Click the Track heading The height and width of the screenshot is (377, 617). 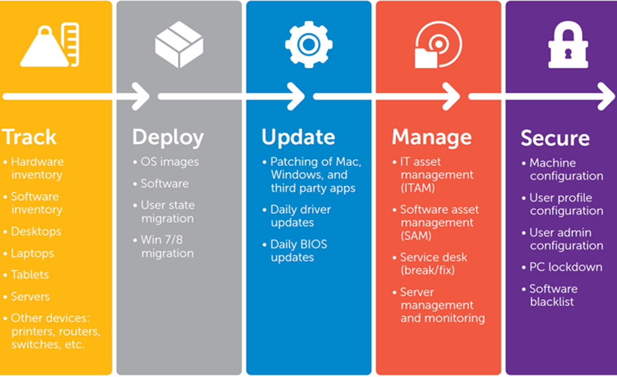(x=30, y=137)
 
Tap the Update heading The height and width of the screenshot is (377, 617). (x=298, y=138)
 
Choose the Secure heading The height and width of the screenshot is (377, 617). (x=555, y=138)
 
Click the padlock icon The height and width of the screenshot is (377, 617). (x=568, y=45)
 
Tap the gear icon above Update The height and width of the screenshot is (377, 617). (x=309, y=45)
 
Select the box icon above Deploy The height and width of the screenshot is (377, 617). (x=180, y=45)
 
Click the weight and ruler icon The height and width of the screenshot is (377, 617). (x=49, y=45)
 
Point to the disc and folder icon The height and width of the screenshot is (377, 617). (x=438, y=45)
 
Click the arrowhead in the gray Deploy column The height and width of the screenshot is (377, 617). (x=141, y=96)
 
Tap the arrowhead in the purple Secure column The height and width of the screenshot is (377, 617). (x=607, y=96)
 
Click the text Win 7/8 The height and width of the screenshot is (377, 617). (x=162, y=240)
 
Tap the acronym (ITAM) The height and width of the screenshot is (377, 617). (x=418, y=188)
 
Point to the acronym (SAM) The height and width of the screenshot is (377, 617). (x=416, y=236)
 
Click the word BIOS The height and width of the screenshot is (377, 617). (x=313, y=245)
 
